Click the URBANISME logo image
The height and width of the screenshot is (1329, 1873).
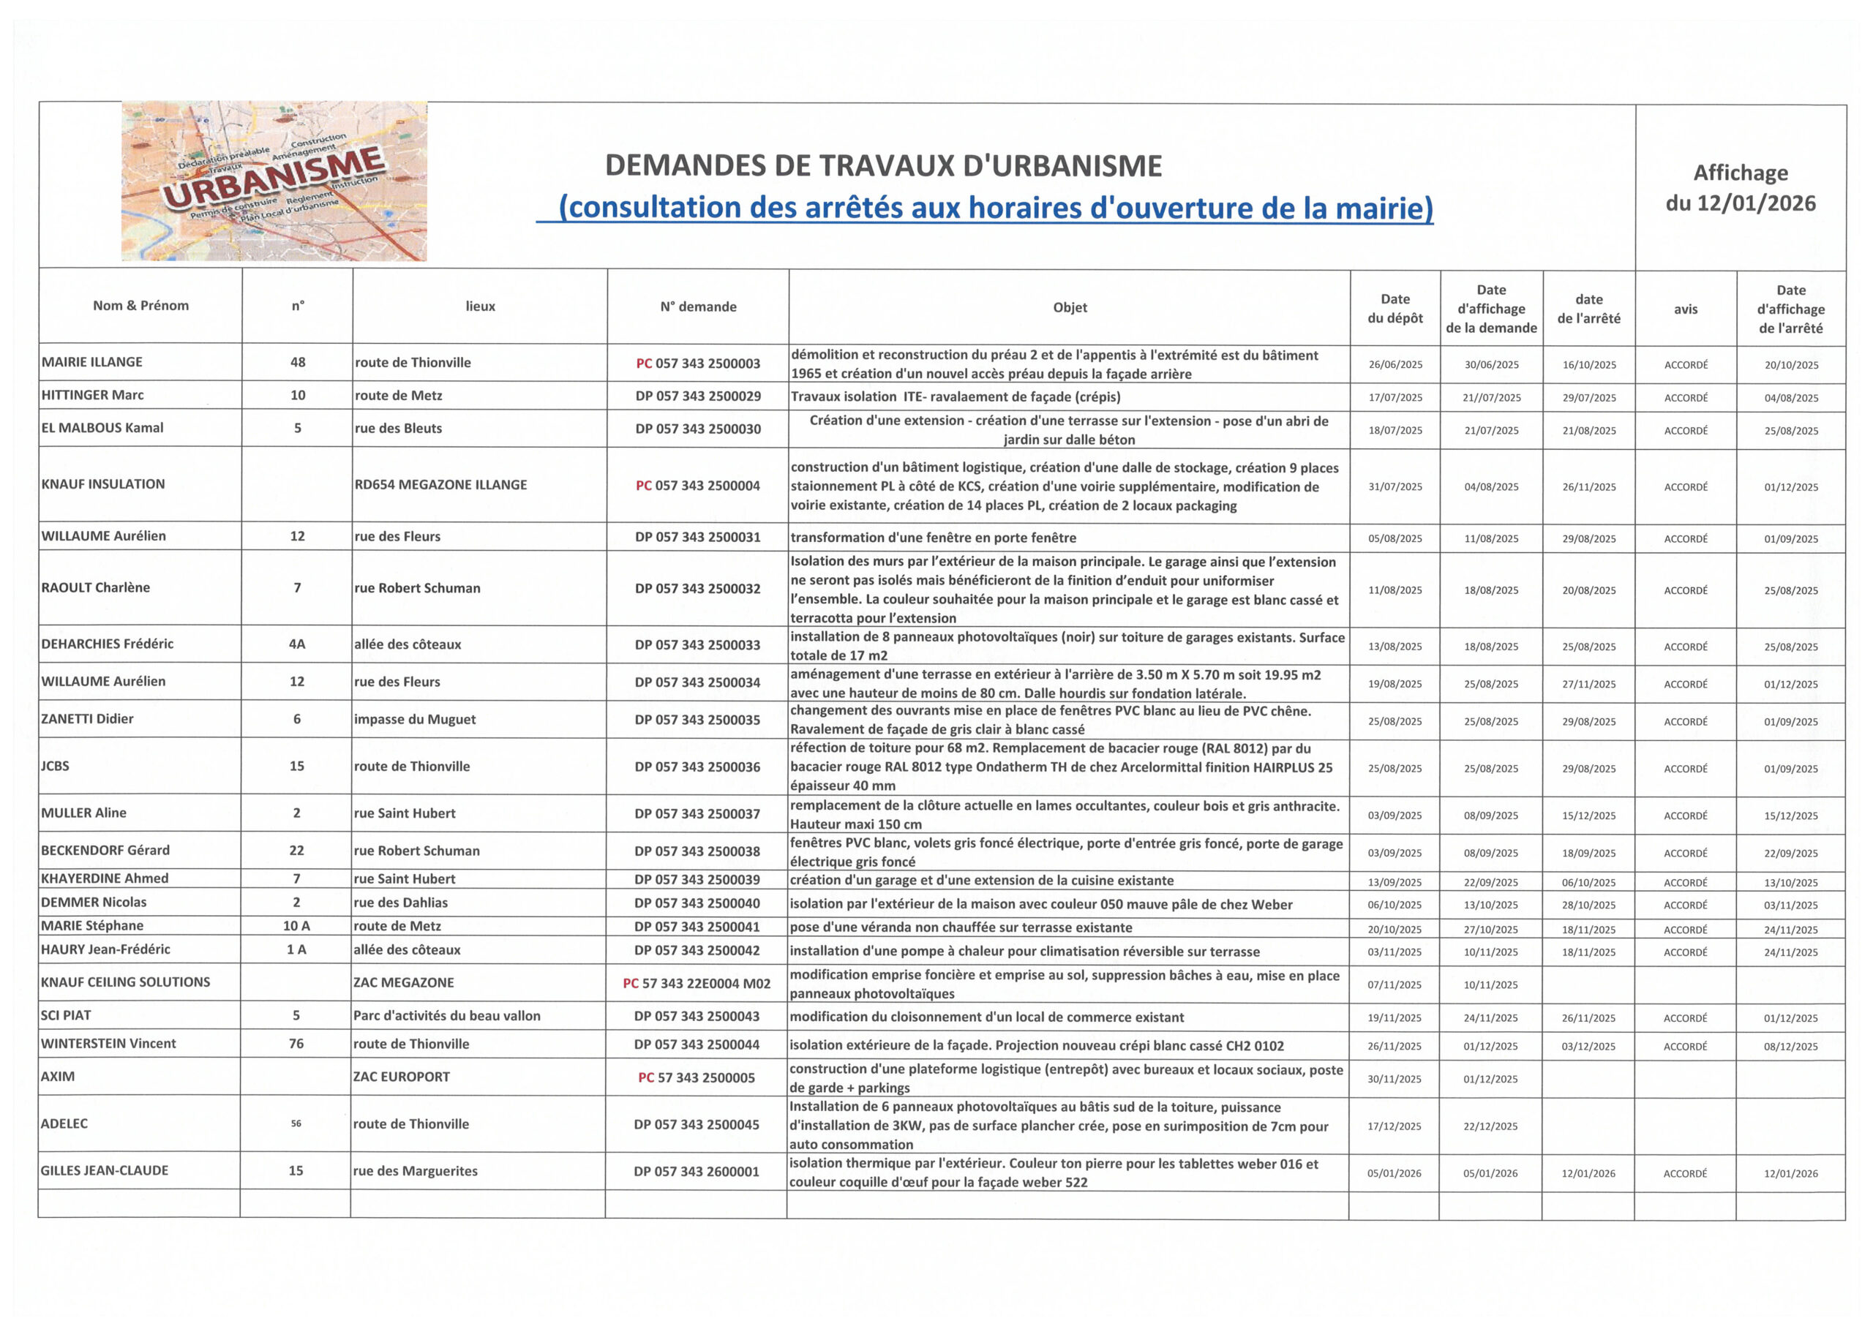[x=274, y=181]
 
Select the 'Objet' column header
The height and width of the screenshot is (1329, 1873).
[x=1069, y=307]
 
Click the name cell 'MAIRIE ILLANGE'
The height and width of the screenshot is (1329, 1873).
[x=91, y=362]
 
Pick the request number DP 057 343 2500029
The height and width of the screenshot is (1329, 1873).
[x=697, y=396]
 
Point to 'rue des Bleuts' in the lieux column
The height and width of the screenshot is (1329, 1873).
[x=399, y=428]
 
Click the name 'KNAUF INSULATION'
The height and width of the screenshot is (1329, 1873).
[x=103, y=483]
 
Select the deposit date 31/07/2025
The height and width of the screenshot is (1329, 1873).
[x=1395, y=487]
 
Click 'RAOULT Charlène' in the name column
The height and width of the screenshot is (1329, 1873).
[x=96, y=587]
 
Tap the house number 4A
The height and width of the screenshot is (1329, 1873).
[x=297, y=644]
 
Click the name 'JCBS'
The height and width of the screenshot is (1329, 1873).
[x=56, y=766]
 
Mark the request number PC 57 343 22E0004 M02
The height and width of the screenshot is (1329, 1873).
[x=697, y=983]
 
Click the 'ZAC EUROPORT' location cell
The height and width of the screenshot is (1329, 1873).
[x=402, y=1077]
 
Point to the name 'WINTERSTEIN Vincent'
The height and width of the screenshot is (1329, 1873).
[x=108, y=1044]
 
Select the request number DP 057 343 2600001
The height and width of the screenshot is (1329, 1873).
[x=697, y=1171]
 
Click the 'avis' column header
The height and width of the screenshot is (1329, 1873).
[x=1685, y=309]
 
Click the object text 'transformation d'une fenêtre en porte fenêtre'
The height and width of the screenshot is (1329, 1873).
[x=934, y=538]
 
